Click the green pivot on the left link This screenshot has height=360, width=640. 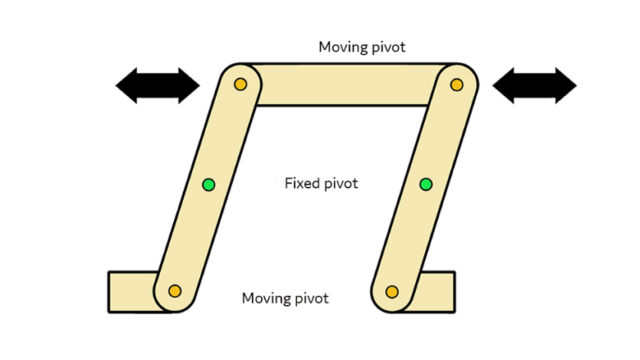coord(208,185)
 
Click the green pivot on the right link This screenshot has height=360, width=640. coord(426,185)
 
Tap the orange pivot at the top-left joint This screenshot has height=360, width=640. coord(240,84)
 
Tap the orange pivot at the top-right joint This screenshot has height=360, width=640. coord(457,84)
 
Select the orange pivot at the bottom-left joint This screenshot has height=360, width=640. coord(174,291)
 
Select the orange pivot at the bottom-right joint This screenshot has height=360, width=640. coord(392,291)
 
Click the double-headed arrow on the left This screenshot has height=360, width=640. coord(158,84)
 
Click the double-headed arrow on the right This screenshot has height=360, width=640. coord(535,84)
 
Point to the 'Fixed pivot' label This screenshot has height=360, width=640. coord(321,183)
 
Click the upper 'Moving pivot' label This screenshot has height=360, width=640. coord(362,47)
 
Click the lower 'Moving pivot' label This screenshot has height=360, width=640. coord(285,298)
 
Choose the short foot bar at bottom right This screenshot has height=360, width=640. coord(440,291)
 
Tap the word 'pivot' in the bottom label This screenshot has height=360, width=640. coord(310,298)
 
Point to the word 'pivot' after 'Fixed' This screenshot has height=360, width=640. coord(341,183)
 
